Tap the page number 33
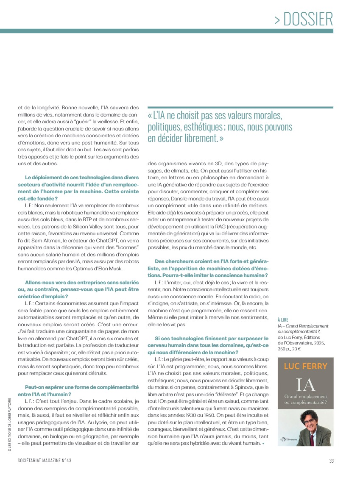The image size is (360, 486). pyautogui.click(x=331, y=461)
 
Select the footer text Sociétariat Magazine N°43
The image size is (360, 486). pyautogui.click(x=47, y=461)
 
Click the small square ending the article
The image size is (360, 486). pyautogui.click(x=263, y=444)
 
